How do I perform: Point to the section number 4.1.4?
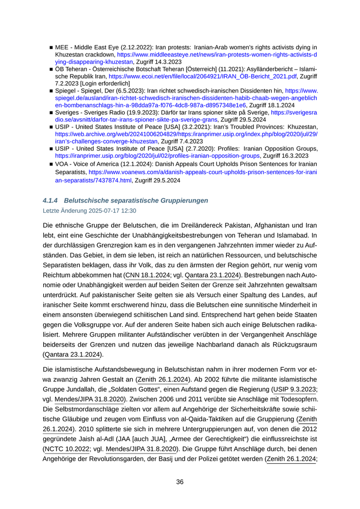[x=51, y=200]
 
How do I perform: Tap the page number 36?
[x=180, y=482]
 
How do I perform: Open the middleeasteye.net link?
[x=216, y=53]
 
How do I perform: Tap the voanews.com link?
[x=201, y=174]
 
